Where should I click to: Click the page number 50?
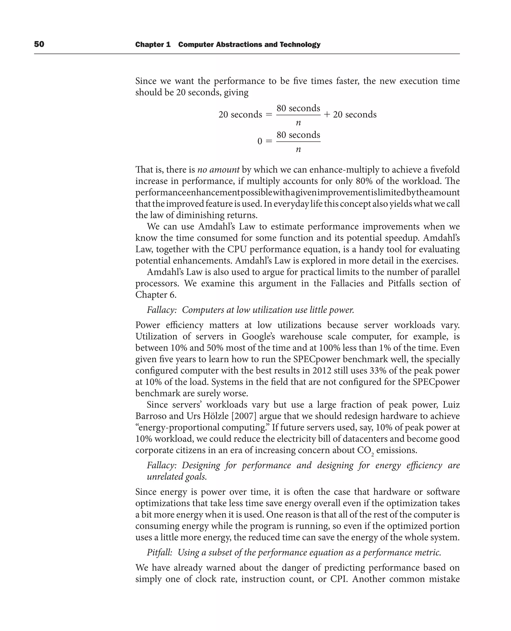(39, 44)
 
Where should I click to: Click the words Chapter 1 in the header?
(153, 44)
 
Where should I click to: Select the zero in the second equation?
(260, 141)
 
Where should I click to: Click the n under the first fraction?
(298, 123)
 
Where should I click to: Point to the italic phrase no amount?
(218, 170)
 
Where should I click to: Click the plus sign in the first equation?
(327, 114)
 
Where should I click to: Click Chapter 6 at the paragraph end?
(156, 295)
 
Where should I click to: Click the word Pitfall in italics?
(159, 553)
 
